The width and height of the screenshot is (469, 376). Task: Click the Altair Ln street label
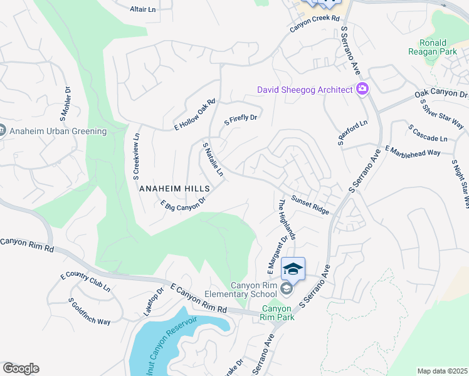pos(142,9)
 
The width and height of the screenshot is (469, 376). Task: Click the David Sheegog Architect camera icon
pos(362,90)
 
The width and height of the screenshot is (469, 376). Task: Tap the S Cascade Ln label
pos(428,133)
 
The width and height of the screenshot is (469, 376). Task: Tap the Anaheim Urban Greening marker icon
pos(2,131)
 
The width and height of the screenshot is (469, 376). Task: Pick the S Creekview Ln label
pos(136,157)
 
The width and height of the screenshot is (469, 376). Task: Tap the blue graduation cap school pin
pos(293,269)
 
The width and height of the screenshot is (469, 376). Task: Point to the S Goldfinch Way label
pos(90,311)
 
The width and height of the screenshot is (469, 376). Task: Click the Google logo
pos(21,368)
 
